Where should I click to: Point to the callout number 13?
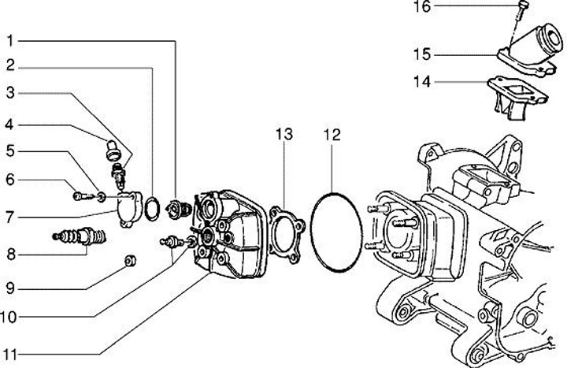tap(283, 135)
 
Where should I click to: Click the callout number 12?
tap(331, 135)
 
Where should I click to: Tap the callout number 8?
tap(10, 254)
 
